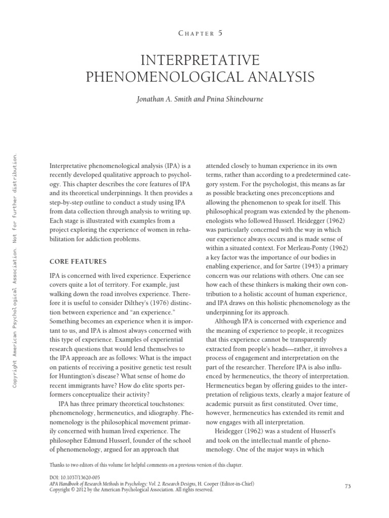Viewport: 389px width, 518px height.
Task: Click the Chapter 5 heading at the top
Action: (201, 33)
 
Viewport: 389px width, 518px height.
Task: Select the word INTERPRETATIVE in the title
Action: (201, 61)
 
